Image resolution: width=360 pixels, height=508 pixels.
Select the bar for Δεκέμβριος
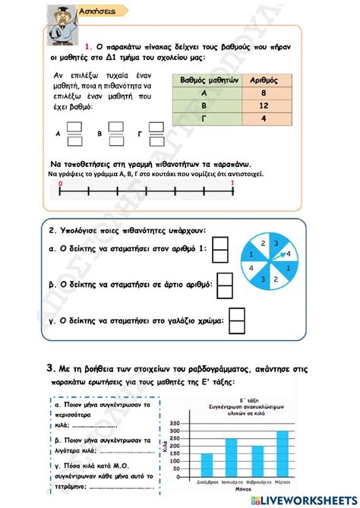(207, 465)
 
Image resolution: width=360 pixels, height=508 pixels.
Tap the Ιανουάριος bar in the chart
(232, 458)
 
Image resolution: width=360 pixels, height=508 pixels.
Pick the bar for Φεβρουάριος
(257, 462)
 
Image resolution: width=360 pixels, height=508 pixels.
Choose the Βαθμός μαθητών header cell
(209, 80)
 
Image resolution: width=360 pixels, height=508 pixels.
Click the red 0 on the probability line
(60, 183)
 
